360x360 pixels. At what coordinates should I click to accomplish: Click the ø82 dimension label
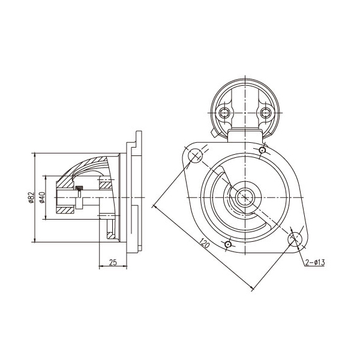[x=31, y=197]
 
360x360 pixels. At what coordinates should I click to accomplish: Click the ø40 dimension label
[x=43, y=197]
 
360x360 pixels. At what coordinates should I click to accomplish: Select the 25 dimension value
[x=113, y=262]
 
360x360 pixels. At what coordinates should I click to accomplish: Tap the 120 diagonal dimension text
[x=205, y=243]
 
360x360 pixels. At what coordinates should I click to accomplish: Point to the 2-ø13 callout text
[x=315, y=262]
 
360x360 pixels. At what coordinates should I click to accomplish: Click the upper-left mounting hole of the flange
[x=196, y=155]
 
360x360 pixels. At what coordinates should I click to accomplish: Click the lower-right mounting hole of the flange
[x=295, y=239]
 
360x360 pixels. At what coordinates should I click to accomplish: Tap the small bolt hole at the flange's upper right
[x=262, y=150]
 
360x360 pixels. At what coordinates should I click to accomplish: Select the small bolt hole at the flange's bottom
[x=228, y=244]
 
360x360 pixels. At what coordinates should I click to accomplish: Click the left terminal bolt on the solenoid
[x=224, y=113]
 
